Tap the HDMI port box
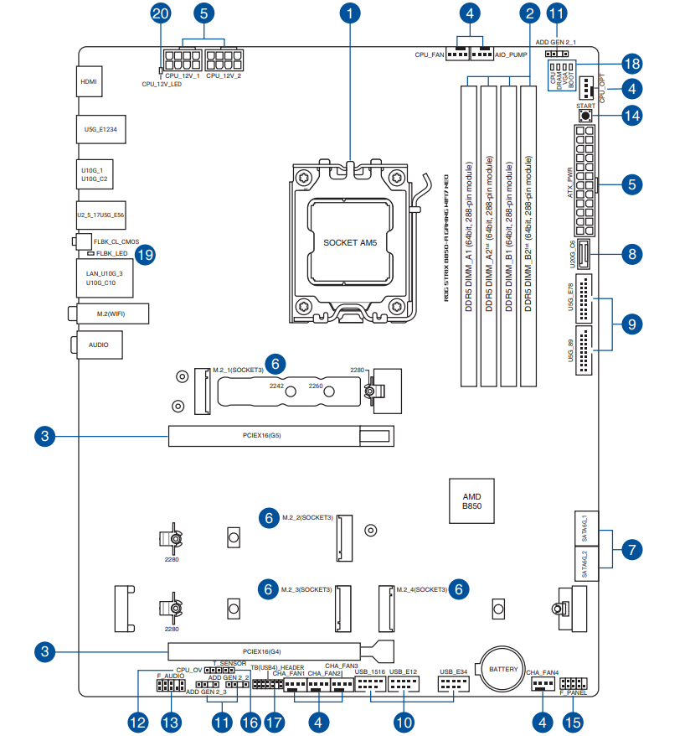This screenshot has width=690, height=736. (89, 83)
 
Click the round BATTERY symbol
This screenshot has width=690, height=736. (503, 668)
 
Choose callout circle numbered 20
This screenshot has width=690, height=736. (161, 13)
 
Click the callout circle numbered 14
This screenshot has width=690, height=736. (632, 117)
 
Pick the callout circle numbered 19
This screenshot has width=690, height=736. (146, 255)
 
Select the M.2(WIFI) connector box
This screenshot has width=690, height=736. (109, 314)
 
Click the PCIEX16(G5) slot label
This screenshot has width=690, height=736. (262, 436)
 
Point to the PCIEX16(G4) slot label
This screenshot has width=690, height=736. (262, 650)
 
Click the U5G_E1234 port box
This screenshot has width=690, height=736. (100, 130)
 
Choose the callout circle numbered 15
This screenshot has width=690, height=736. (574, 720)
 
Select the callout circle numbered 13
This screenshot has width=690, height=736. (171, 720)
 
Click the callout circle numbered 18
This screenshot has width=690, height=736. (632, 64)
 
